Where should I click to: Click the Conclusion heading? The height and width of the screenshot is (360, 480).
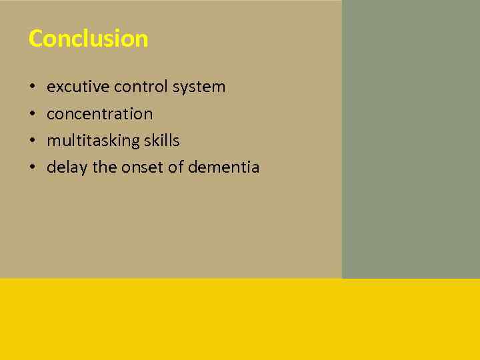(88, 39)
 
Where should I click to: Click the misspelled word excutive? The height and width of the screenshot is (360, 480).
(79, 87)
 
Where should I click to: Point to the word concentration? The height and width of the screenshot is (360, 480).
(99, 114)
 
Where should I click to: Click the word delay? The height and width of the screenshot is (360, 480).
(67, 168)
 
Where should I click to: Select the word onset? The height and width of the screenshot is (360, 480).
(142, 167)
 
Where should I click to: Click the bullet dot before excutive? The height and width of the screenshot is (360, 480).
(32, 87)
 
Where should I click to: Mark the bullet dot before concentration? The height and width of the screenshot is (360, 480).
(32, 114)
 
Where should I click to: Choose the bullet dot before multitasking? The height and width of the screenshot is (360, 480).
(32, 141)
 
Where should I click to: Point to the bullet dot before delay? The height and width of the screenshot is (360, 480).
(32, 168)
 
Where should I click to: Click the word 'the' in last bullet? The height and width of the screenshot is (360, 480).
(104, 167)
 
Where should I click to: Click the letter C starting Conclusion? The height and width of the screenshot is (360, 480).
(36, 39)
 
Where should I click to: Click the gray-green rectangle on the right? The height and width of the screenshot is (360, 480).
(411, 139)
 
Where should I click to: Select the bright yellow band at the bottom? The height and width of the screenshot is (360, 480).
(240, 319)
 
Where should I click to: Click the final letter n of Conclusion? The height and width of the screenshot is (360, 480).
(141, 40)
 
